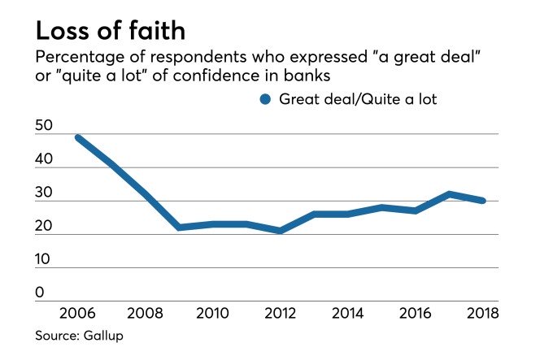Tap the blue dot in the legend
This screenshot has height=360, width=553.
point(263,99)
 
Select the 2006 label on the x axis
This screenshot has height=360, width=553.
point(77,313)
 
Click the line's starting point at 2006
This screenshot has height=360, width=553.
point(77,137)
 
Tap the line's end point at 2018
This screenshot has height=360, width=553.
point(483,201)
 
